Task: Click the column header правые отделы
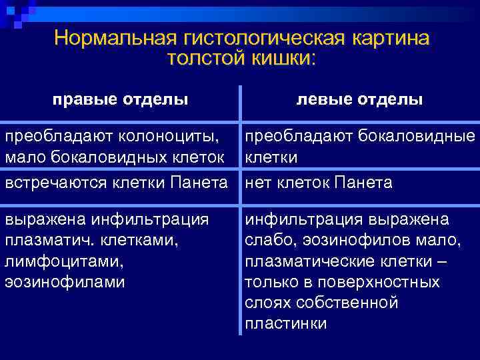(x=120, y=99)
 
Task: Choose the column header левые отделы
(x=359, y=99)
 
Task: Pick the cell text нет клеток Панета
(x=319, y=182)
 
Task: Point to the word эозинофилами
(x=64, y=281)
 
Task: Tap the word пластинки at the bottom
(x=285, y=325)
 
